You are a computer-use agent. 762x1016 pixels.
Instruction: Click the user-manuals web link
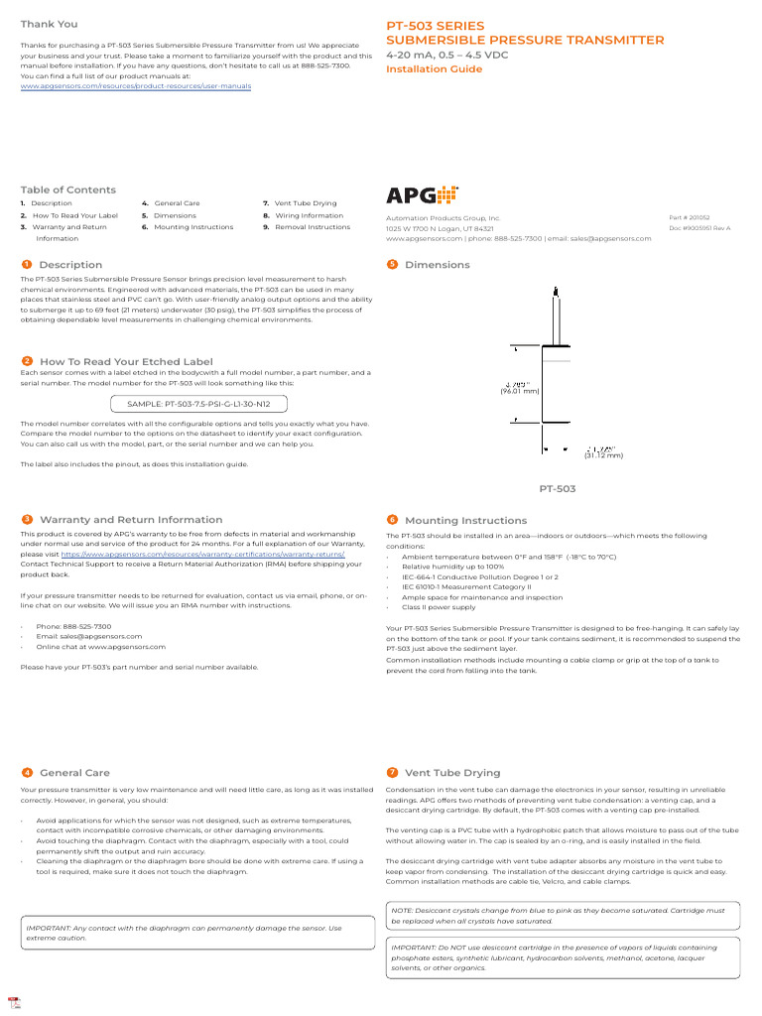point(136,86)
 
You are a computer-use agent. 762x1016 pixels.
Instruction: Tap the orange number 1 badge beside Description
point(26,265)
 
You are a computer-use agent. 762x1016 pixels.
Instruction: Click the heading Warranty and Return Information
point(131,520)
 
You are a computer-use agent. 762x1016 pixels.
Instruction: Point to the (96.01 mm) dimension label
point(520,391)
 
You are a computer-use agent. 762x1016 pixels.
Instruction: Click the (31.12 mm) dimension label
point(603,455)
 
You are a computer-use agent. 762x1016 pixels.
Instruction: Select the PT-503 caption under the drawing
point(557,489)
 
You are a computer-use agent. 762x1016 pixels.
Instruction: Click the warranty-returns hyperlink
point(203,554)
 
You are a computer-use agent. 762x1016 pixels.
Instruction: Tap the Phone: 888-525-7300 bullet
point(73,627)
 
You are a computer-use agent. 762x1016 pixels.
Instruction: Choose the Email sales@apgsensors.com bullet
point(88,637)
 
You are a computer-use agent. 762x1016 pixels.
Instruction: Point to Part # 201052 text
point(690,217)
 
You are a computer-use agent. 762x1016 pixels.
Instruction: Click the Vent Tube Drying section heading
point(452,773)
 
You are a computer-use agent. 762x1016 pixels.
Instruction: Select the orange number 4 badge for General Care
point(26,773)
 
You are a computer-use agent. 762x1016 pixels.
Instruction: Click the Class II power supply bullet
point(439,607)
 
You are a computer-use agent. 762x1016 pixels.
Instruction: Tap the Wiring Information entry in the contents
point(309,215)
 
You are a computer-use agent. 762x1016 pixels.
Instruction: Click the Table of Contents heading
point(68,190)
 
